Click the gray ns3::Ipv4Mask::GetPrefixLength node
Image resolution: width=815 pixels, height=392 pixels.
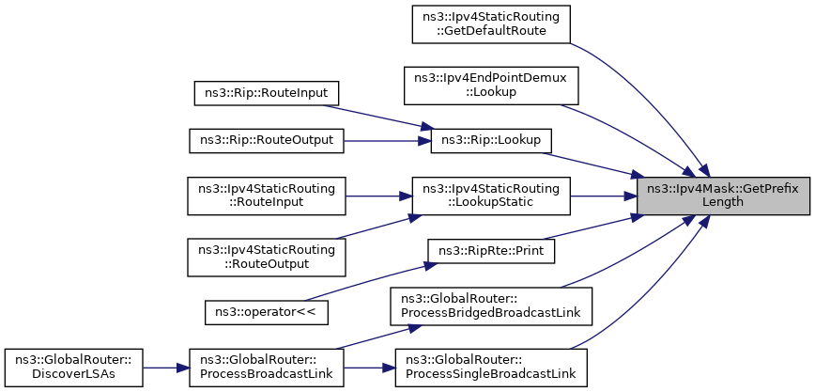[723, 196]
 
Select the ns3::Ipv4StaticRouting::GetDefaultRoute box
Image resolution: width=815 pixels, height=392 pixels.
[491, 24]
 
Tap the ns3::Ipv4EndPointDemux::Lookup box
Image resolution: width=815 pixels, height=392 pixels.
[491, 86]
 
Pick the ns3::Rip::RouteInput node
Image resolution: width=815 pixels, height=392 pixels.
[266, 93]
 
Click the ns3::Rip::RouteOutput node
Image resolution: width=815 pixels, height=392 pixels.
[266, 141]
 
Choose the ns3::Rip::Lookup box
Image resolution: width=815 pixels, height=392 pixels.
[491, 141]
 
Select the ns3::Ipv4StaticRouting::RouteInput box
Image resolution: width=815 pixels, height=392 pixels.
[266, 196]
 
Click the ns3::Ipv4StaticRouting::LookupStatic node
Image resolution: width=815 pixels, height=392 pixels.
[491, 196]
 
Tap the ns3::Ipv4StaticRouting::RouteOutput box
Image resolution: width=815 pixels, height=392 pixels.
[266, 258]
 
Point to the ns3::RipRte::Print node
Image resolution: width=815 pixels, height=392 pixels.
[491, 251]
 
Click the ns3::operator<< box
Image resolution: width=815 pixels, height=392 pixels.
[266, 312]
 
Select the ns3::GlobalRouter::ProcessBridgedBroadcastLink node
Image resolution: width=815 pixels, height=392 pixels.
[491, 306]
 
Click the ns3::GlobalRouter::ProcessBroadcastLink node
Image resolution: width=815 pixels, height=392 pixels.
[266, 368]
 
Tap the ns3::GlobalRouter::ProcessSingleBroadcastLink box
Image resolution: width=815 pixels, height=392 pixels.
[491, 368]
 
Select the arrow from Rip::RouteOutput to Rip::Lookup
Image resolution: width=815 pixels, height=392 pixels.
[387, 141]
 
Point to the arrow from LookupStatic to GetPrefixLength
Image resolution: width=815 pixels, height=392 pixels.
[604, 196]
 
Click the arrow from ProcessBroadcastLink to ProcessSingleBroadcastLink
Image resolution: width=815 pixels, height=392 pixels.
[370, 368]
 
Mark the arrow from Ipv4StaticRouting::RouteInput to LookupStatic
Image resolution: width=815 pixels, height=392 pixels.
[378, 196]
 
